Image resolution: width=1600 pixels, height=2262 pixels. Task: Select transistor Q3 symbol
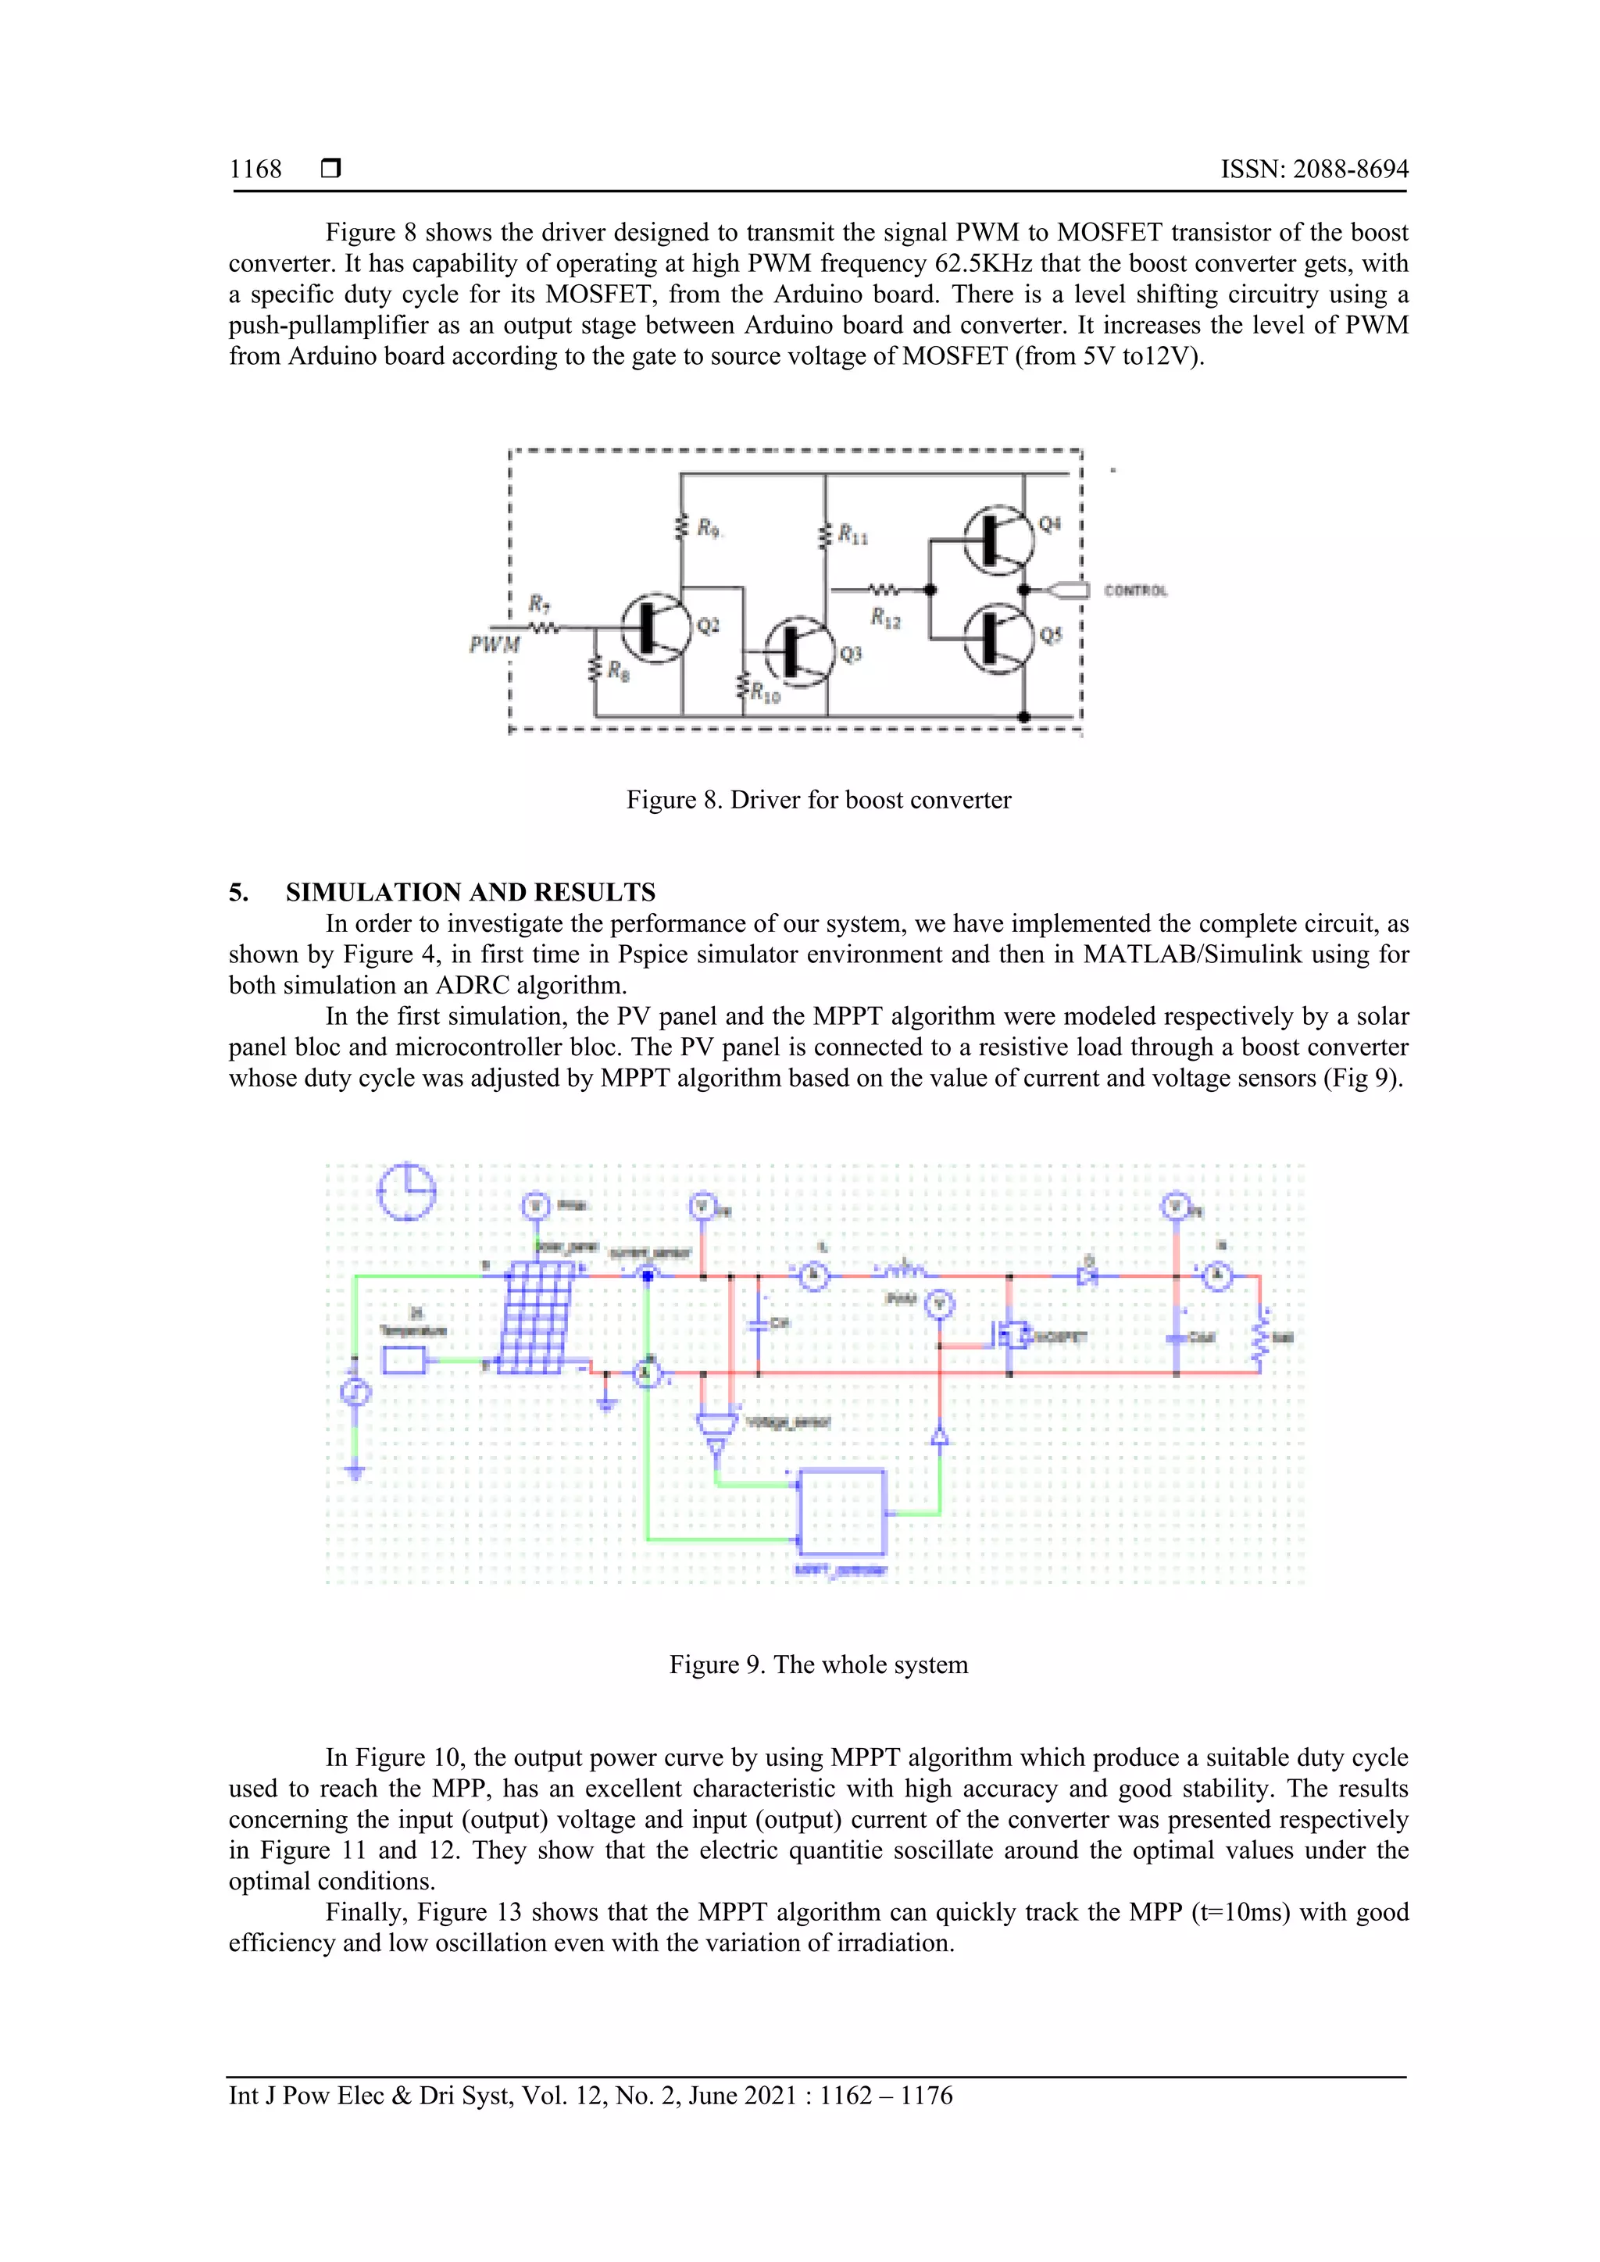pyautogui.click(x=796, y=652)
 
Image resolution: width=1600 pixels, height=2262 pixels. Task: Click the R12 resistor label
pyautogui.click(x=884, y=618)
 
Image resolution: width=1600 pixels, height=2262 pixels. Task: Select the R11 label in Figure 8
pyautogui.click(x=852, y=535)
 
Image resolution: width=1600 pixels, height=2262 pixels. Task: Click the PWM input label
pyautogui.click(x=494, y=644)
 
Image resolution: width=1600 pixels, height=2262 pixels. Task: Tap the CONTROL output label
pyautogui.click(x=1135, y=591)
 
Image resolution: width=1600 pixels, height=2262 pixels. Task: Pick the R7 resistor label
pyautogui.click(x=539, y=603)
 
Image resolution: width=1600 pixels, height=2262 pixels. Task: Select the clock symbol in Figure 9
pyautogui.click(x=407, y=1191)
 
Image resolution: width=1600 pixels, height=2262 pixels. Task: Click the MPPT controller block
pyautogui.click(x=842, y=1512)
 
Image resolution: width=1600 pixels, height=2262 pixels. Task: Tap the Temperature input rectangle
pyautogui.click(x=404, y=1361)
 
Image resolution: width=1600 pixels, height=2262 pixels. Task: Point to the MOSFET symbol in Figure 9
pyautogui.click(x=1012, y=1336)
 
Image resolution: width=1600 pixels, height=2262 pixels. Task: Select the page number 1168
pyautogui.click(x=255, y=169)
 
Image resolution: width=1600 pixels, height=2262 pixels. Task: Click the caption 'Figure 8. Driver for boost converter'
pyautogui.click(x=818, y=800)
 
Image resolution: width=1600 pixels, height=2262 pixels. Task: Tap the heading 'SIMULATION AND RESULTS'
pyautogui.click(x=470, y=893)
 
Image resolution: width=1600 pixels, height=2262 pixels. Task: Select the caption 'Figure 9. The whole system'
pyautogui.click(x=818, y=1665)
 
